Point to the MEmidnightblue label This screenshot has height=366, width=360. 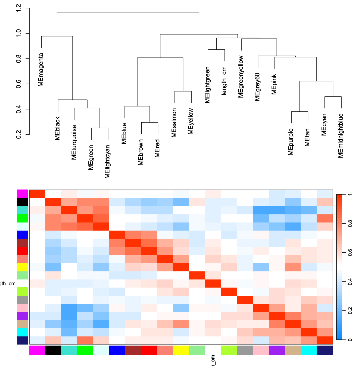tap(341, 135)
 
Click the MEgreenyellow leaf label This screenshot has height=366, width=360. tap(241, 77)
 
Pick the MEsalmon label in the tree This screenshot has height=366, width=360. tap(174, 122)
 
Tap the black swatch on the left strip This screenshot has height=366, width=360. tap(22, 202)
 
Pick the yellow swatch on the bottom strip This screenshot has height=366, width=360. tap(181, 350)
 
